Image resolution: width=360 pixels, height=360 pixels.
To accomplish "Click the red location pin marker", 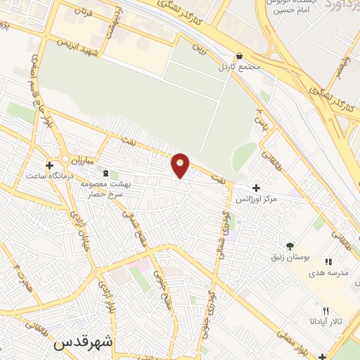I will (181, 165).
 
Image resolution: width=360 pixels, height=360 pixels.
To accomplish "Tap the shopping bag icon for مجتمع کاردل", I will (240, 56).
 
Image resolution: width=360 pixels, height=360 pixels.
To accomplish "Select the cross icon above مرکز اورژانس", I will (255, 188).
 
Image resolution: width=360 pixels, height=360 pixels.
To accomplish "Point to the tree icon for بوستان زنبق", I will (289, 245).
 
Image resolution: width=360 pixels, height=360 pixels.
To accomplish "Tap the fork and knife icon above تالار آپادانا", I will (325, 311).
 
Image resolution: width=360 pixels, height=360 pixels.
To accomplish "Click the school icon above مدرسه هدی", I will (328, 262).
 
